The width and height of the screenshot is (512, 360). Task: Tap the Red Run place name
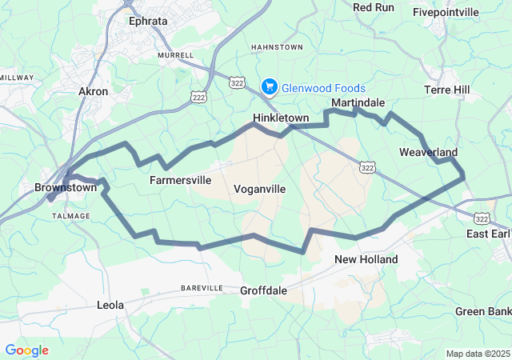[374, 7]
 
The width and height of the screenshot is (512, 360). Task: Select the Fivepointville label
[446, 12]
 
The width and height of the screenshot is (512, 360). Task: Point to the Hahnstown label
[277, 47]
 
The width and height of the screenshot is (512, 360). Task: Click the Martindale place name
[358, 103]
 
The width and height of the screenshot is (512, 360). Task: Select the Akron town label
[93, 92]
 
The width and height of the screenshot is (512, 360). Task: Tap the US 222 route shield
[198, 95]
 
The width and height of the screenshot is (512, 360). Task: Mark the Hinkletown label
[281, 118]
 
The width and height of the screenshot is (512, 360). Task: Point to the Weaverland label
[428, 152]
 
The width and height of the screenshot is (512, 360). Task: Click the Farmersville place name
[181, 180]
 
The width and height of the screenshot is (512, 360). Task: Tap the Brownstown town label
[66, 188]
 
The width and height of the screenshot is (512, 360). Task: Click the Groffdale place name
[263, 291]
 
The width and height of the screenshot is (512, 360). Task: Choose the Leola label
[110, 306]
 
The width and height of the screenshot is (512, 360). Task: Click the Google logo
[26, 350]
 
